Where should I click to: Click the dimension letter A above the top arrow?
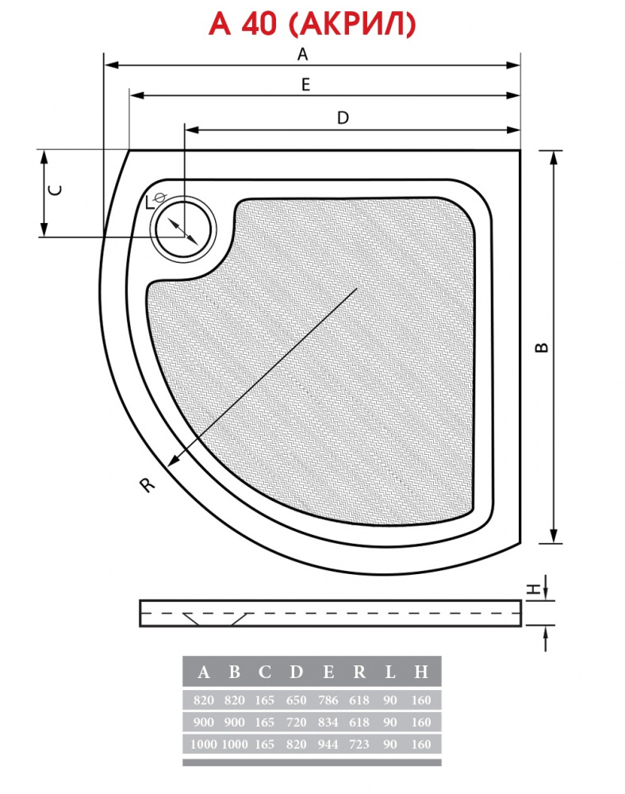(302, 54)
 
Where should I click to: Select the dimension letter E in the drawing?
(305, 84)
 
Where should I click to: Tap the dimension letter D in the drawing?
(343, 118)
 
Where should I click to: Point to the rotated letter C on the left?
(55, 190)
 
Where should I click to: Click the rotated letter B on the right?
(542, 348)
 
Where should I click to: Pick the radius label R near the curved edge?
(147, 485)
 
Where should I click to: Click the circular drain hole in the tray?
(183, 230)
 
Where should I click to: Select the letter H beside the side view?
(533, 589)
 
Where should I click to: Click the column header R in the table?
(359, 672)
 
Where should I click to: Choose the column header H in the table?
(420, 672)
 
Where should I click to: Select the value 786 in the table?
(328, 700)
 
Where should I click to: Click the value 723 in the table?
(359, 745)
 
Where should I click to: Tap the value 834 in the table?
(328, 722)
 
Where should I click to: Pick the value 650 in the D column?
(297, 700)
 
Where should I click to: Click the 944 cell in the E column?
(328, 745)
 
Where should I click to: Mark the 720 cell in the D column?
(297, 722)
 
